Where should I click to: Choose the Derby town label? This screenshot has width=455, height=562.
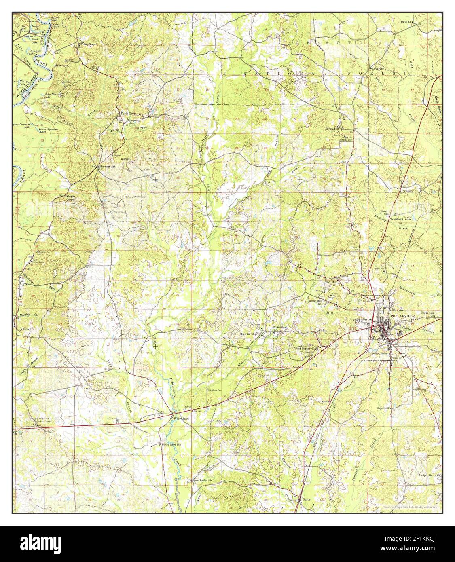(x=306, y=499)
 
